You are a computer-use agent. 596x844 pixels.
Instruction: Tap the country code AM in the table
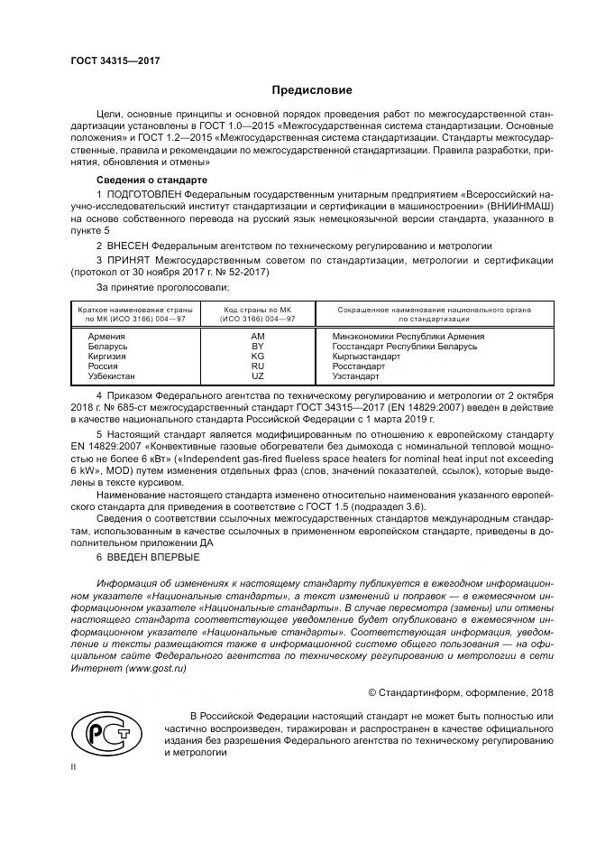257,336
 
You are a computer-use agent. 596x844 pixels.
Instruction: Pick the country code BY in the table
257,346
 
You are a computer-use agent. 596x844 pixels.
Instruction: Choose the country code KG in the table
257,356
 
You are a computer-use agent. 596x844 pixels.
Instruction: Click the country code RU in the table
257,366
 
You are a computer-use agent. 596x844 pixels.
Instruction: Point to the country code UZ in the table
257,376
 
